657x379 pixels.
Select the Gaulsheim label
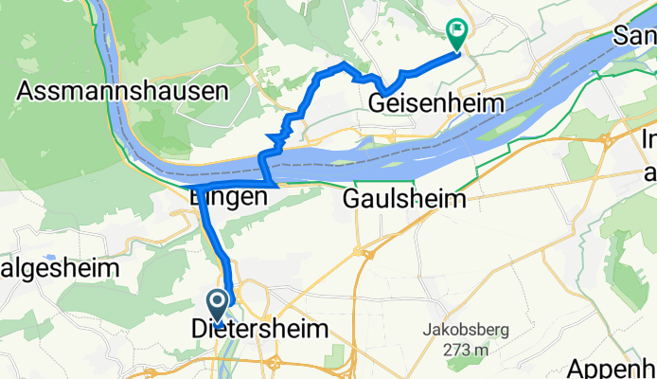pyautogui.click(x=404, y=200)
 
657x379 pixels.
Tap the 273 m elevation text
pyautogui.click(x=463, y=350)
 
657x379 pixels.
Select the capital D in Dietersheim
pyautogui.click(x=200, y=330)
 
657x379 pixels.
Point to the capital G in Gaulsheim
pyautogui.click(x=352, y=200)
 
